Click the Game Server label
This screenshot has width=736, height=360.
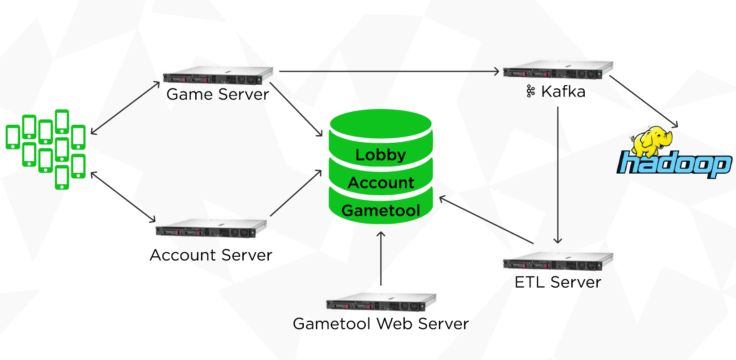[217, 94]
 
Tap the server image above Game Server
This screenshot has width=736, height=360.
[218, 75]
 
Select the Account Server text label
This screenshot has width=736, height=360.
[211, 255]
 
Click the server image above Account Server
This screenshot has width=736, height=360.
[211, 228]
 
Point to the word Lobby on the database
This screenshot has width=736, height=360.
[381, 155]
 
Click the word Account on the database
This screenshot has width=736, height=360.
[381, 183]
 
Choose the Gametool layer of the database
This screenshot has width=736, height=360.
[381, 210]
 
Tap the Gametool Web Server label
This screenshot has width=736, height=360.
[381, 324]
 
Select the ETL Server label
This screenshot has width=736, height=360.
[558, 282]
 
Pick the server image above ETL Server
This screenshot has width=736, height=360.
[558, 261]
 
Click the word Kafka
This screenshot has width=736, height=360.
[563, 92]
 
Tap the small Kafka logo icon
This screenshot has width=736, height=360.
[530, 92]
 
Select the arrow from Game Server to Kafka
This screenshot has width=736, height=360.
[389, 71]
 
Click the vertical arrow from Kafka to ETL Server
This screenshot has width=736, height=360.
[558, 175]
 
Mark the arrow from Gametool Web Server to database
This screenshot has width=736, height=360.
[381, 259]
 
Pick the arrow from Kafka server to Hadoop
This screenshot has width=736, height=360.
[644, 101]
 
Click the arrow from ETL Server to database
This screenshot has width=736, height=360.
[486, 220]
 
